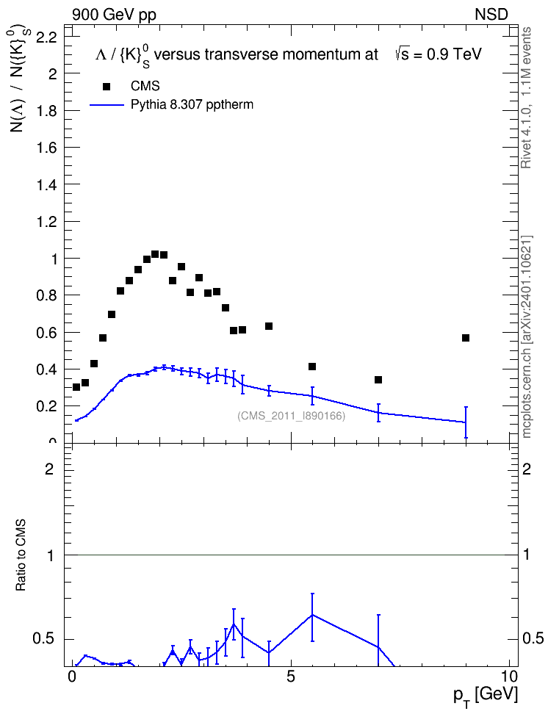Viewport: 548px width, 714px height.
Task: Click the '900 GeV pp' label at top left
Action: click(x=114, y=15)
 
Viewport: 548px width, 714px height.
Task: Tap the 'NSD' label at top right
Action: click(x=491, y=15)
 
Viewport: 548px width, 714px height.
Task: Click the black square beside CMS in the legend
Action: click(x=107, y=87)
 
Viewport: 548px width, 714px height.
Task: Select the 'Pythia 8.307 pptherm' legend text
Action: click(x=192, y=105)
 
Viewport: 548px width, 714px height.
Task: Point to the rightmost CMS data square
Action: click(x=466, y=338)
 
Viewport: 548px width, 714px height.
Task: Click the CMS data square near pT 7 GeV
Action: click(x=378, y=380)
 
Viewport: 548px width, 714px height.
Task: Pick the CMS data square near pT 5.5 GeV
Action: click(x=312, y=367)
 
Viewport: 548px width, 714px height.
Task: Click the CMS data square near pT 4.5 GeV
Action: click(x=269, y=326)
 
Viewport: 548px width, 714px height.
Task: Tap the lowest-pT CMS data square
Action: click(x=76, y=387)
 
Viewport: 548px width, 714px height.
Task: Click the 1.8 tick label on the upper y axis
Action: click(x=46, y=111)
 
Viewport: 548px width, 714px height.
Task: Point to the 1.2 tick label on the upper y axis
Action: click(x=46, y=222)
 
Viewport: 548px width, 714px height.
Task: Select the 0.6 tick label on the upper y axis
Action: click(x=46, y=333)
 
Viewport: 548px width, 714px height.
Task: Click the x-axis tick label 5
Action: click(x=291, y=677)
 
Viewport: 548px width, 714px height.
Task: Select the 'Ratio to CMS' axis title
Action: click(x=21, y=555)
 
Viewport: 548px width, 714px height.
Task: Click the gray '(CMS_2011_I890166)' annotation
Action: click(x=291, y=416)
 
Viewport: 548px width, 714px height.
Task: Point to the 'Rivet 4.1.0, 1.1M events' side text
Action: click(x=526, y=98)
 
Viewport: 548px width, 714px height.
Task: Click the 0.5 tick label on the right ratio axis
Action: click(x=533, y=638)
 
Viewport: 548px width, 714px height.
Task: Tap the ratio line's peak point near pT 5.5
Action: click(x=312, y=615)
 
